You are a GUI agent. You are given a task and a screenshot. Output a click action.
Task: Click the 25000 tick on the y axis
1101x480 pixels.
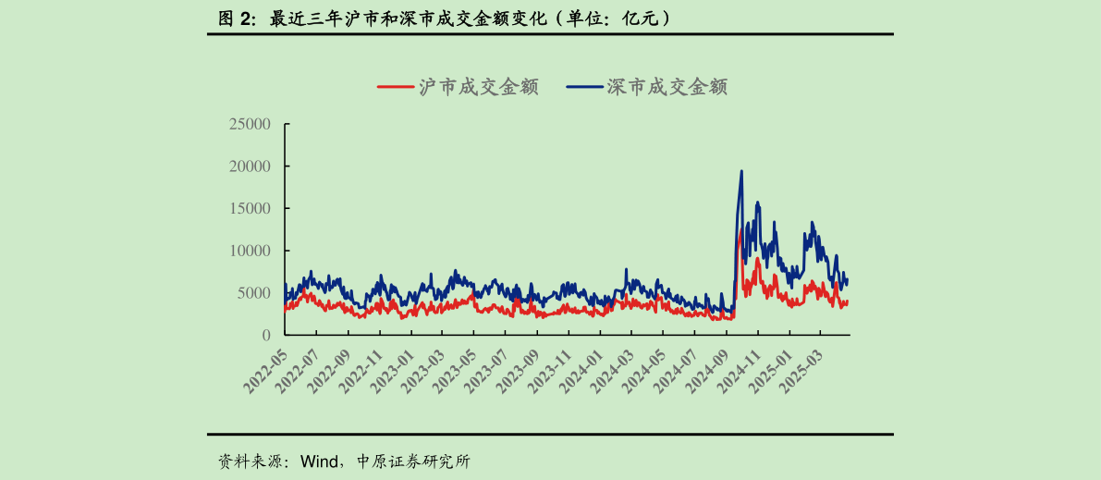[x=250, y=124]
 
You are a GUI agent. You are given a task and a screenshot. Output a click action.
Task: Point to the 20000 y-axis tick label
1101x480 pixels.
[x=250, y=166]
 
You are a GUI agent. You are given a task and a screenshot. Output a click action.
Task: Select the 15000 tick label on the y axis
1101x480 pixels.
[x=250, y=209]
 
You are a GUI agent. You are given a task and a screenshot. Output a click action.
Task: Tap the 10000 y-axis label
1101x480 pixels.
[x=250, y=251]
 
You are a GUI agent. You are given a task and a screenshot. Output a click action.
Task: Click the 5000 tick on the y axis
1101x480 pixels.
[x=253, y=293]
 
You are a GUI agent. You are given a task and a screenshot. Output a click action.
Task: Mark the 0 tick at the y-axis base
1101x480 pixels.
[x=266, y=335]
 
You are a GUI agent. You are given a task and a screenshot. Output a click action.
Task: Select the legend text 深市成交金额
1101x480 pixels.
[x=667, y=87]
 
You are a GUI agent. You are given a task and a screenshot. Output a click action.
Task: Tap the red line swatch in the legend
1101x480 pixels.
[x=395, y=87]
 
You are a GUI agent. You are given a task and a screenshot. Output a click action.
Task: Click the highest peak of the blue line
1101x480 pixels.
[x=740, y=171]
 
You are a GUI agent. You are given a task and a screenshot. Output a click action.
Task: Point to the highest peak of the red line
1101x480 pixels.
[x=739, y=233]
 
